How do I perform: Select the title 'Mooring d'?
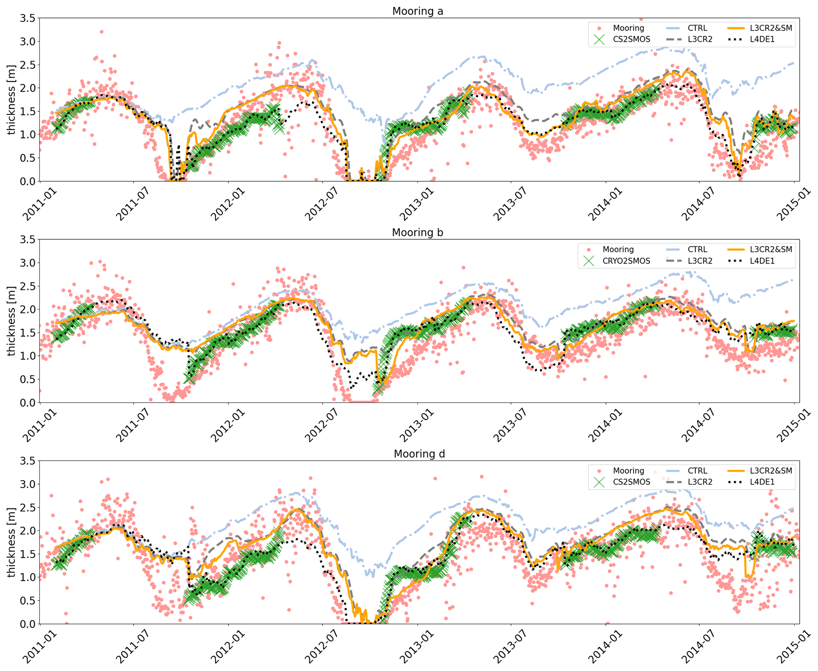pos(419,454)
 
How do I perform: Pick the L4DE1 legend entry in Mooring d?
pos(762,482)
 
